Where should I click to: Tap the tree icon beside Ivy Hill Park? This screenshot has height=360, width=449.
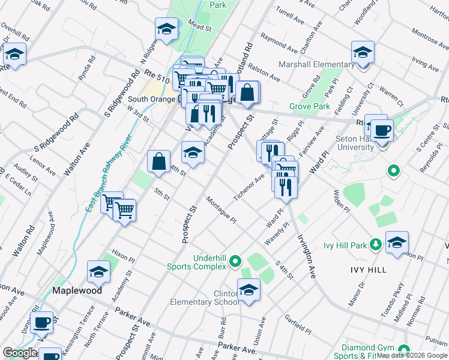[375, 244]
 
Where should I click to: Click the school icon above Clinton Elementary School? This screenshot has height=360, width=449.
[249, 290]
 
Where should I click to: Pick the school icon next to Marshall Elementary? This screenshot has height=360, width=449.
[363, 53]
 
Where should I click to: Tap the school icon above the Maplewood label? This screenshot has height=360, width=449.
[99, 273]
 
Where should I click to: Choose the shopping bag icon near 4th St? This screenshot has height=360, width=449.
[158, 161]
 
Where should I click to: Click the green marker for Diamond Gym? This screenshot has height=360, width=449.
[403, 349]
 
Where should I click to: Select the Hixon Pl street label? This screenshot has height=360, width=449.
[123, 256]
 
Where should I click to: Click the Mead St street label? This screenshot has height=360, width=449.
[201, 28]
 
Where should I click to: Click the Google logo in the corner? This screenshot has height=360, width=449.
[20, 353]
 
